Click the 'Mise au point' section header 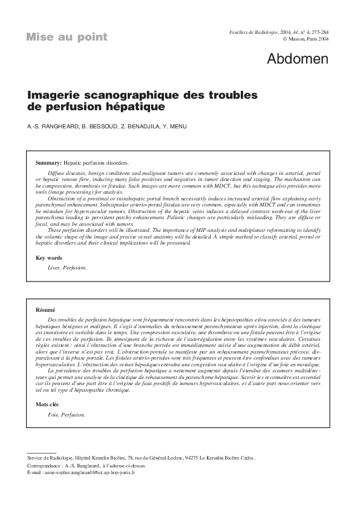click(x=67, y=37)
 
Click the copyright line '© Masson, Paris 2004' click(x=306, y=38)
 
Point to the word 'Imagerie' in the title click(x=54, y=96)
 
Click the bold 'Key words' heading click(x=49, y=258)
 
